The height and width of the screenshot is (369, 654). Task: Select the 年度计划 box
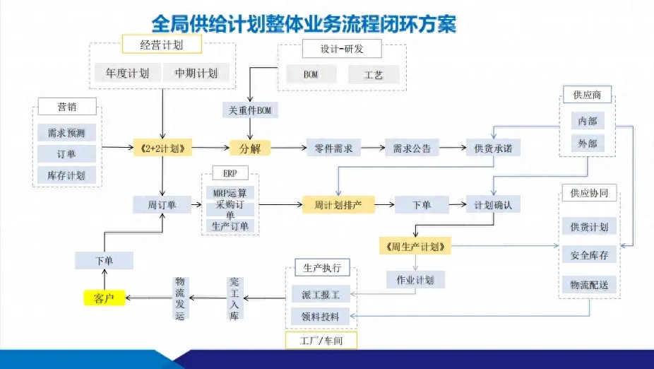[126, 73]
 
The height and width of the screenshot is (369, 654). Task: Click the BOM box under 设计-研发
[311, 74]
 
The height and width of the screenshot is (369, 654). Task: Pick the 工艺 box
[374, 74]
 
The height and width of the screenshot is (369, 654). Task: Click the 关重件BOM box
[250, 110]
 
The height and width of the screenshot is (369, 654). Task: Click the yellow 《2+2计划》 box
[163, 148]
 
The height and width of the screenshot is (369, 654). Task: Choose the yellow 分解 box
[250, 148]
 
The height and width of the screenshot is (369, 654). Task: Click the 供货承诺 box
[494, 148]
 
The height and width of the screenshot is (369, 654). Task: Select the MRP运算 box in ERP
[230, 193]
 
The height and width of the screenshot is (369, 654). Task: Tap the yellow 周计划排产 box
[338, 205]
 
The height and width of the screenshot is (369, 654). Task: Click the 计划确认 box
[494, 205]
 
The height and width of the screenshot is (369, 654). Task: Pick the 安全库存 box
[589, 255]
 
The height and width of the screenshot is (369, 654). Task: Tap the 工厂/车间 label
[321, 341]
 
